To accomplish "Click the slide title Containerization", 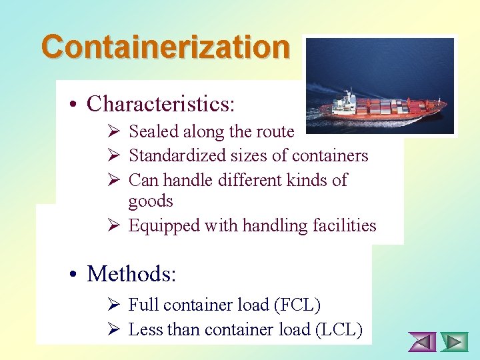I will pos(165,47).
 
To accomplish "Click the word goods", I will pos(151,201).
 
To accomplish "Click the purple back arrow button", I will pos(422,342).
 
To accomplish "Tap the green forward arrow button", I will pos(455,342).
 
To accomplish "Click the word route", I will pos(275,132).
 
